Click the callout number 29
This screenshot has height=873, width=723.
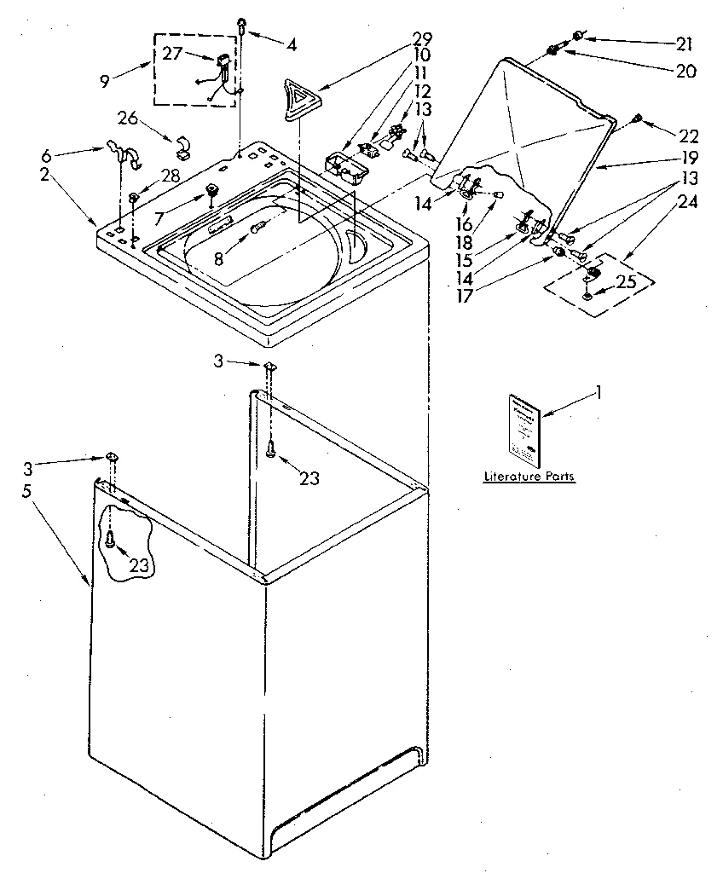click(422, 39)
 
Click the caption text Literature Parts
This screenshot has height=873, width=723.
click(529, 477)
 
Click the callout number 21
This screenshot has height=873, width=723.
click(685, 43)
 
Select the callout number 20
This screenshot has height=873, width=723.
click(685, 72)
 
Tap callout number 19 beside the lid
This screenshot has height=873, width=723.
click(689, 158)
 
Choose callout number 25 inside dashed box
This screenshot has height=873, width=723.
click(626, 282)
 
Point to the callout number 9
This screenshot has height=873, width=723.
click(105, 83)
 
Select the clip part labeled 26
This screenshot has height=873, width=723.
click(182, 149)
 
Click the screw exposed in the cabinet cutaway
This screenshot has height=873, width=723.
click(112, 538)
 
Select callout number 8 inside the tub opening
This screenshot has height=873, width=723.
click(220, 258)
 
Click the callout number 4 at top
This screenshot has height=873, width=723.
click(292, 45)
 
